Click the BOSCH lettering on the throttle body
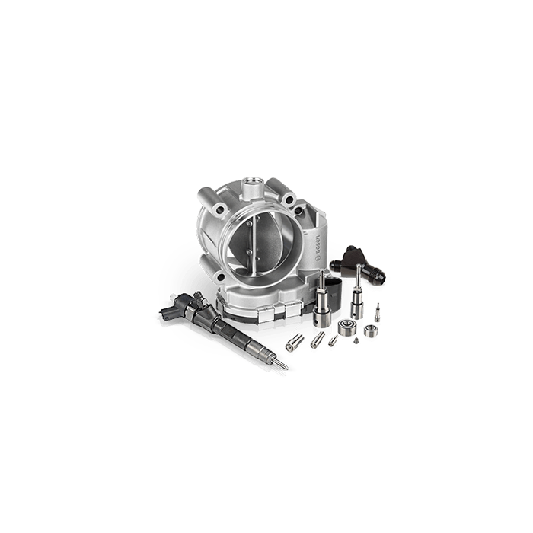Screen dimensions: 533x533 (318, 246)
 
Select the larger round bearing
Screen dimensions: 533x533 (346, 327)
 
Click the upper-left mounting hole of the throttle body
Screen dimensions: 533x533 (220, 210)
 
